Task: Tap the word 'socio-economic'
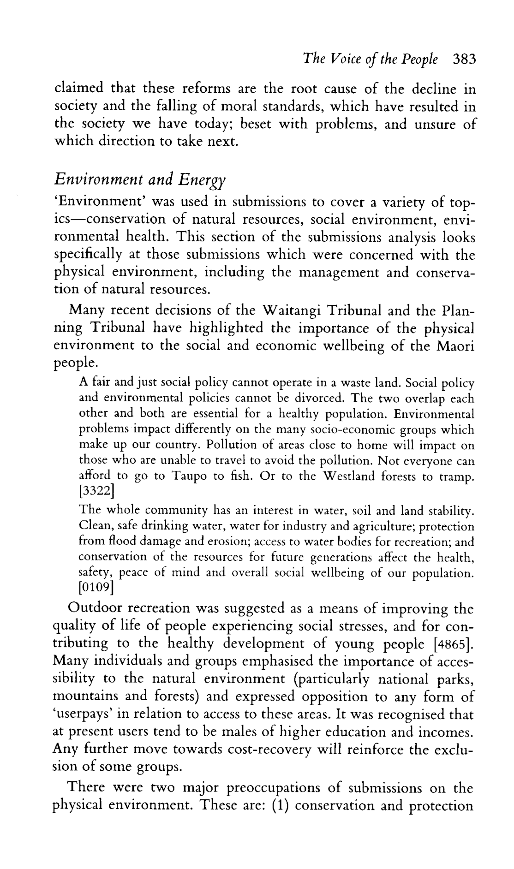tap(357, 430)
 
